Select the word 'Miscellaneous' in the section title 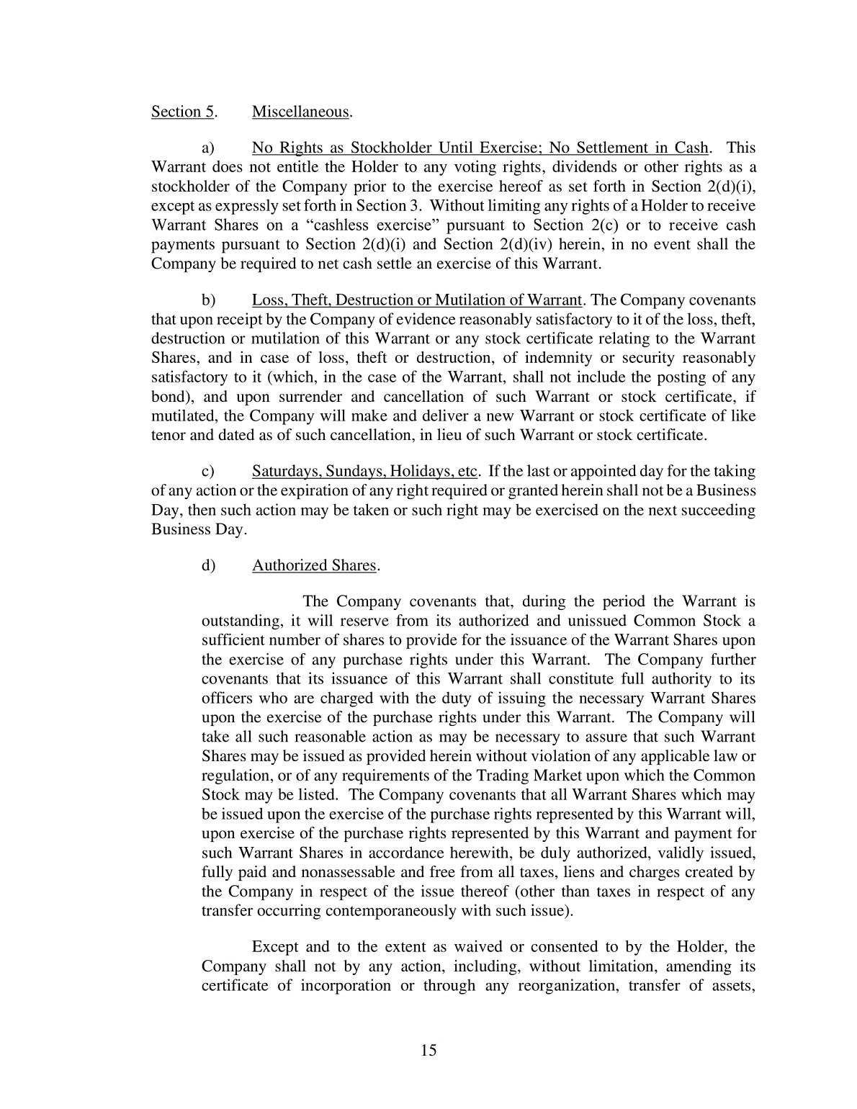[300, 112]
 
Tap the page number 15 [428, 1050]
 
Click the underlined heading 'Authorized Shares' [314, 565]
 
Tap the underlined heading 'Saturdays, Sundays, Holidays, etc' [364, 472]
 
